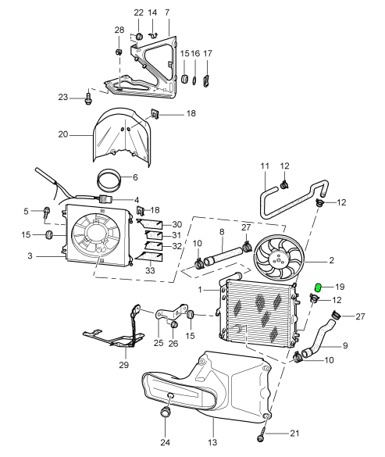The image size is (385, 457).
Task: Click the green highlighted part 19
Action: tap(318, 287)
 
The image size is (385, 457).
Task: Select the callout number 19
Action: tap(340, 287)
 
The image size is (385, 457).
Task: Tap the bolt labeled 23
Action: tap(88, 98)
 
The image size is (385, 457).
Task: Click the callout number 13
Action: tap(212, 442)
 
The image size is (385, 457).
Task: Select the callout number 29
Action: tap(124, 365)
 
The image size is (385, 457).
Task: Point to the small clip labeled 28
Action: tap(118, 52)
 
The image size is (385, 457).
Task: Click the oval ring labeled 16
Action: tap(194, 80)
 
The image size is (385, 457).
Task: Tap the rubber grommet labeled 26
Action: tap(174, 323)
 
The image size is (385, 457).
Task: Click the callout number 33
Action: tap(150, 270)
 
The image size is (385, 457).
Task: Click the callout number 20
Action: tap(63, 134)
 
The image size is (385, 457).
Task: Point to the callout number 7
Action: tap(167, 12)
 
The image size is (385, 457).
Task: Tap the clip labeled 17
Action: tap(206, 80)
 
